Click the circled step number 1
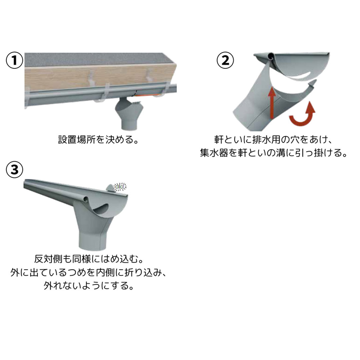(14, 61)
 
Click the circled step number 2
(225, 61)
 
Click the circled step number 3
(14, 170)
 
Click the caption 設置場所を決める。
(98, 139)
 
